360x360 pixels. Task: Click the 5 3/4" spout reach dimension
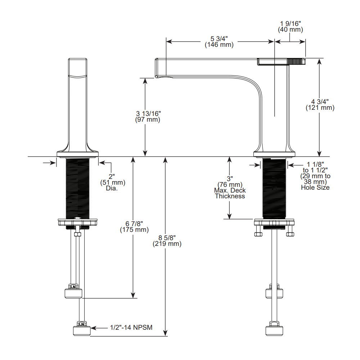[x=219, y=41]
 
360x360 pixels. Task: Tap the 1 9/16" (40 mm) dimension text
[x=291, y=27]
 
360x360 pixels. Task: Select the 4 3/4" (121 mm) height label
[x=320, y=105]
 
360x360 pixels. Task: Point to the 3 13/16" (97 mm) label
[x=148, y=116]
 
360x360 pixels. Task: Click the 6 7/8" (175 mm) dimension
[x=134, y=226]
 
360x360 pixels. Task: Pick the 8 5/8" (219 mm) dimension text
[x=167, y=240]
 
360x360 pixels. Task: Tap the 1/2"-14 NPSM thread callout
[x=131, y=327]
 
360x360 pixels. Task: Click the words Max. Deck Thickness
[x=230, y=193]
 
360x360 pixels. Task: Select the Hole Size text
[x=315, y=188]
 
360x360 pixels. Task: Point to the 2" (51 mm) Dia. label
[x=113, y=183]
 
